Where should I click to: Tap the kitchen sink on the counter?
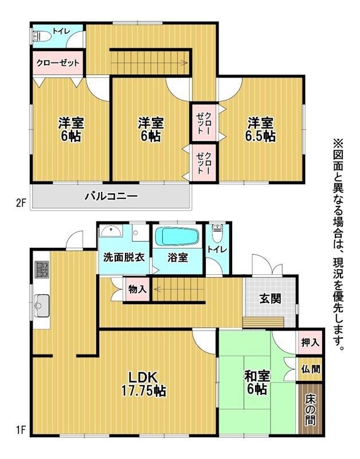[x=41, y=306]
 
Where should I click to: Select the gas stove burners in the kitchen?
[x=41, y=270]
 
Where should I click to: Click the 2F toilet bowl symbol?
[x=42, y=36]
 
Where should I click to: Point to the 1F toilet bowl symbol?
[x=217, y=234]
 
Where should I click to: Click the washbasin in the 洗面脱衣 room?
[x=111, y=231]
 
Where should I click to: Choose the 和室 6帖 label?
[x=257, y=382]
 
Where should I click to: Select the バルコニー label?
[x=111, y=196]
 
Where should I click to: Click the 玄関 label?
[x=270, y=299]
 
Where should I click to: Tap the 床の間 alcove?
[x=310, y=409]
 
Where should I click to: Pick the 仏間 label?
[x=311, y=369]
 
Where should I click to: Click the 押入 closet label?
[x=310, y=342]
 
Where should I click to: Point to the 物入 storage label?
[x=137, y=290]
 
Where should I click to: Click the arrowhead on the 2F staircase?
[x=185, y=62]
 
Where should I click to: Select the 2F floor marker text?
[x=21, y=203]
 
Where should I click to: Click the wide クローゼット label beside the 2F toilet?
[x=58, y=63]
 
